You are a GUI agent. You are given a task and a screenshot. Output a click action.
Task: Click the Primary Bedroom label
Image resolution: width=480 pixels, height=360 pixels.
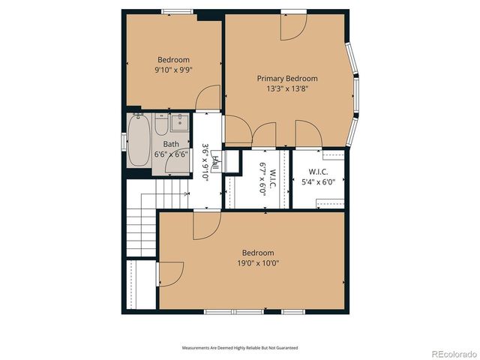click(x=287, y=78)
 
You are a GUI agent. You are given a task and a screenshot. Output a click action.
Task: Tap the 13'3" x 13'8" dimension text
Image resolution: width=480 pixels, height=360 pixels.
click(x=287, y=88)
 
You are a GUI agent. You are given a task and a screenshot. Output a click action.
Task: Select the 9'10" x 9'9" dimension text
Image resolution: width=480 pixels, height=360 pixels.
click(x=173, y=70)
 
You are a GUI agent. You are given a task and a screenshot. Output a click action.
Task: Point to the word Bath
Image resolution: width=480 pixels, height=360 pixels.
click(x=172, y=144)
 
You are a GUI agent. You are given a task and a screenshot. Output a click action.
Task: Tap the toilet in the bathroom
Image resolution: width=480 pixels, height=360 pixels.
click(x=163, y=124)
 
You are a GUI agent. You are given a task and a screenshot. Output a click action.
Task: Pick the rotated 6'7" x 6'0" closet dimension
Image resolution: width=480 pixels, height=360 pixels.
click(x=263, y=178)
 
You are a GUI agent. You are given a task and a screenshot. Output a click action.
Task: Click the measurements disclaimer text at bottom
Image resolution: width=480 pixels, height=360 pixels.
click(x=240, y=348)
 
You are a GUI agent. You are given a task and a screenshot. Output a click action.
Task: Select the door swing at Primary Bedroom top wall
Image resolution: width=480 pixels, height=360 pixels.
click(x=292, y=26)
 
